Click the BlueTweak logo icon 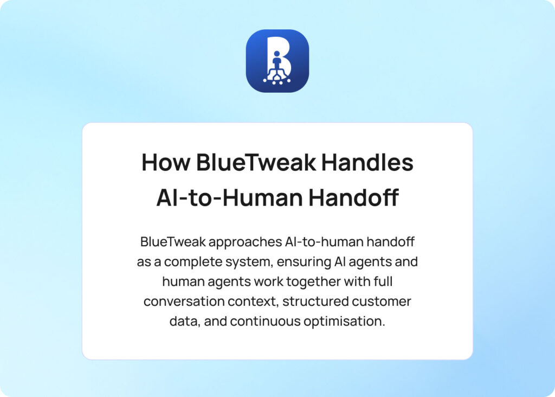click(x=277, y=61)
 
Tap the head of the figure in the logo click(x=277, y=54)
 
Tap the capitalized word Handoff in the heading click(x=353, y=198)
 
